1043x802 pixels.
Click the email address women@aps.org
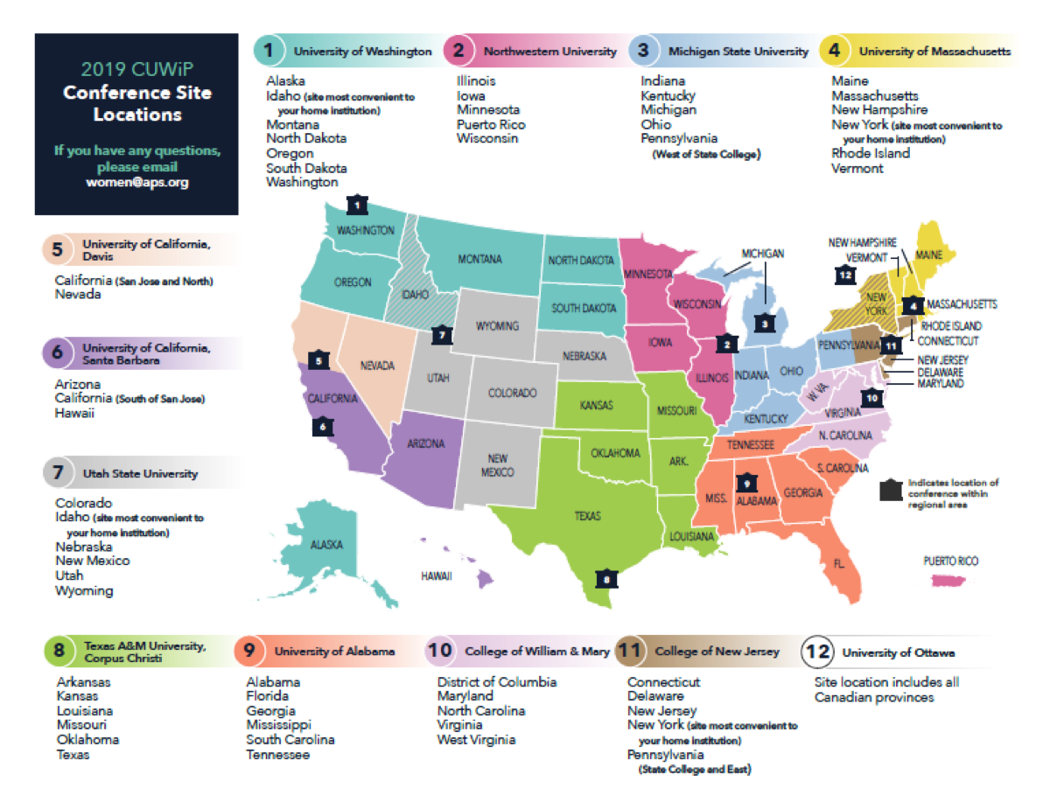(x=136, y=183)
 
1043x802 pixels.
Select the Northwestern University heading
(x=550, y=52)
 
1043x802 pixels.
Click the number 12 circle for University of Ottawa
(x=817, y=652)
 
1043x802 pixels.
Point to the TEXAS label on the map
(x=587, y=516)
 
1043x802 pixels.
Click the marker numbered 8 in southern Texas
(x=603, y=578)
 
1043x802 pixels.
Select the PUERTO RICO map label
(x=950, y=561)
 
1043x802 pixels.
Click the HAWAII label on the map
(x=434, y=576)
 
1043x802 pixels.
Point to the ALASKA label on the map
(x=325, y=544)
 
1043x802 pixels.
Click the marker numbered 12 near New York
(x=843, y=274)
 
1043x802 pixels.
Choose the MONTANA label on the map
(x=479, y=260)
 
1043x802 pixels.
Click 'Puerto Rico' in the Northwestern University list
(x=491, y=124)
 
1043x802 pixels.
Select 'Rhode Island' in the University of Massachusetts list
(x=870, y=153)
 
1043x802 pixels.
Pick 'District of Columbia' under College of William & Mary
(x=496, y=681)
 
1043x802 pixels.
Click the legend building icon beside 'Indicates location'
(x=891, y=491)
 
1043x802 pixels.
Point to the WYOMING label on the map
(x=498, y=326)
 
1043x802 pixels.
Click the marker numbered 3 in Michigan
(x=766, y=322)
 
